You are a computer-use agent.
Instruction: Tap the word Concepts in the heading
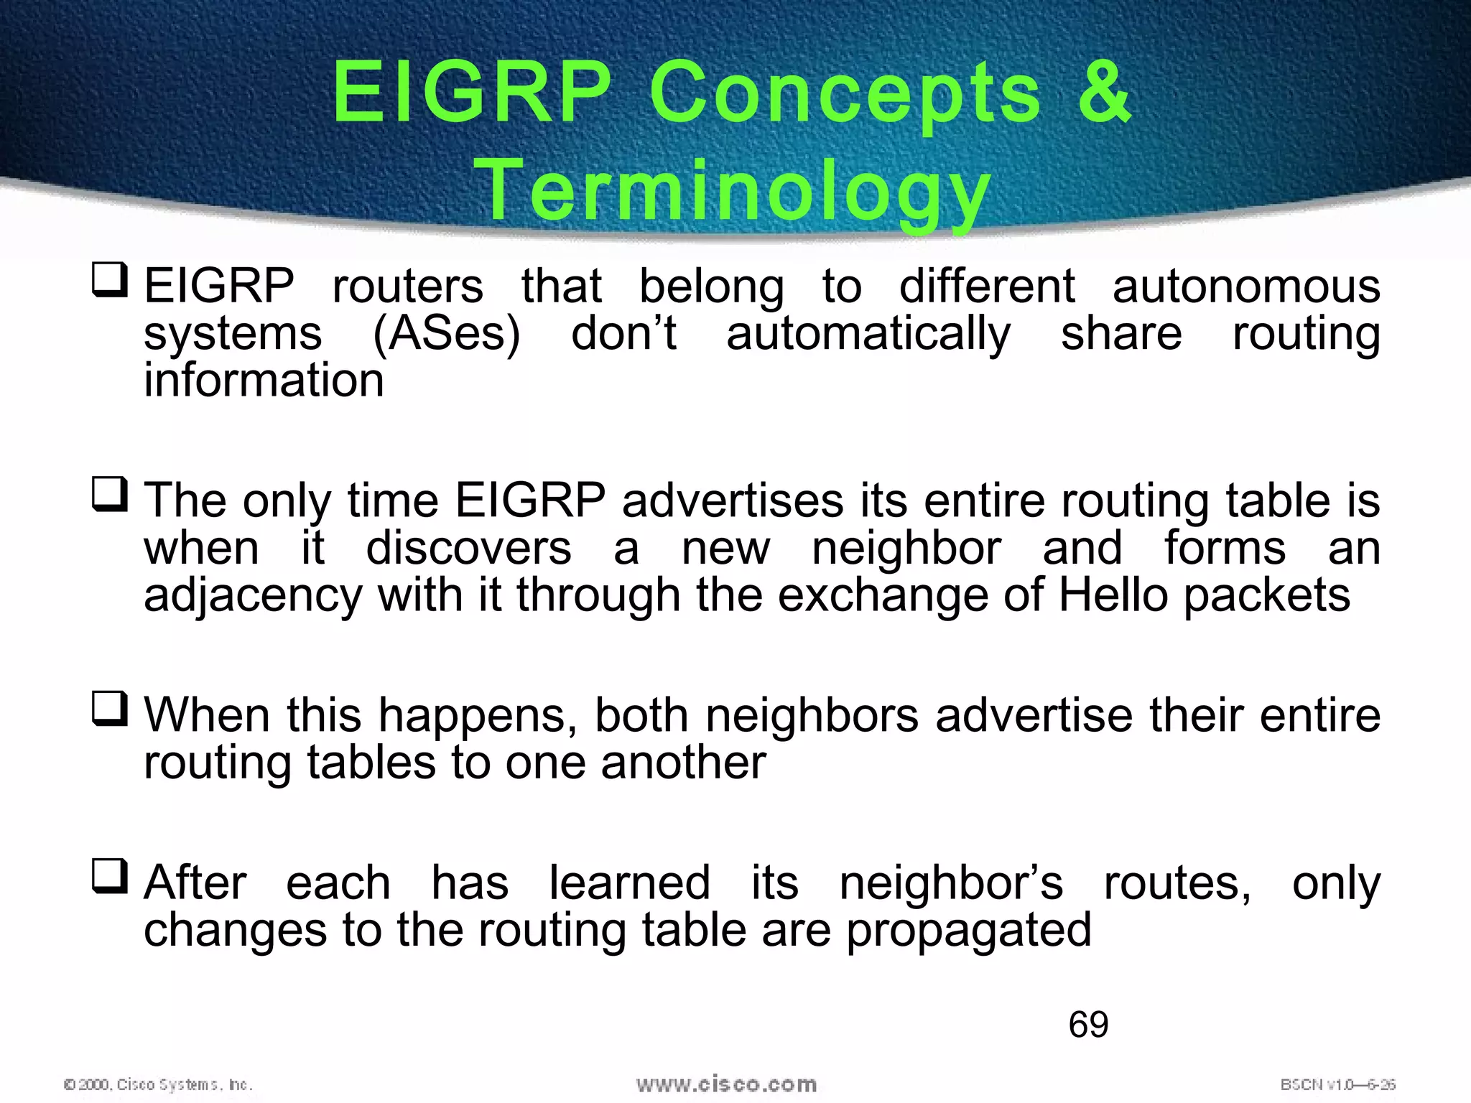click(x=845, y=93)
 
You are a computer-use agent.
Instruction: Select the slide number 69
click(x=1088, y=1024)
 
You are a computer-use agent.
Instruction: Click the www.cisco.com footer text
click(x=726, y=1084)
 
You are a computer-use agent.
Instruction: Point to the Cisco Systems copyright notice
click(x=159, y=1084)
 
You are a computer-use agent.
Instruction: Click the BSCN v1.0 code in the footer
click(x=1337, y=1084)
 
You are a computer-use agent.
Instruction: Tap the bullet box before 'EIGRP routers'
click(x=110, y=281)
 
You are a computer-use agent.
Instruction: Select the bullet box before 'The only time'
click(x=110, y=495)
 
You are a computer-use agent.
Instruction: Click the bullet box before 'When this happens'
click(x=110, y=709)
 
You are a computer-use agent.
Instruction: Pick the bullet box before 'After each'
click(x=110, y=877)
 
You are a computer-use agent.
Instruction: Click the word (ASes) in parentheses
click(x=446, y=334)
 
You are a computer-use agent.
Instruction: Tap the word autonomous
click(x=1245, y=287)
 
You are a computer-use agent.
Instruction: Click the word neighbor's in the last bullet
click(x=950, y=883)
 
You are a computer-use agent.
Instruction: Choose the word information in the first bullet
click(x=264, y=380)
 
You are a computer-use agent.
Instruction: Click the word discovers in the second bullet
click(x=468, y=549)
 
